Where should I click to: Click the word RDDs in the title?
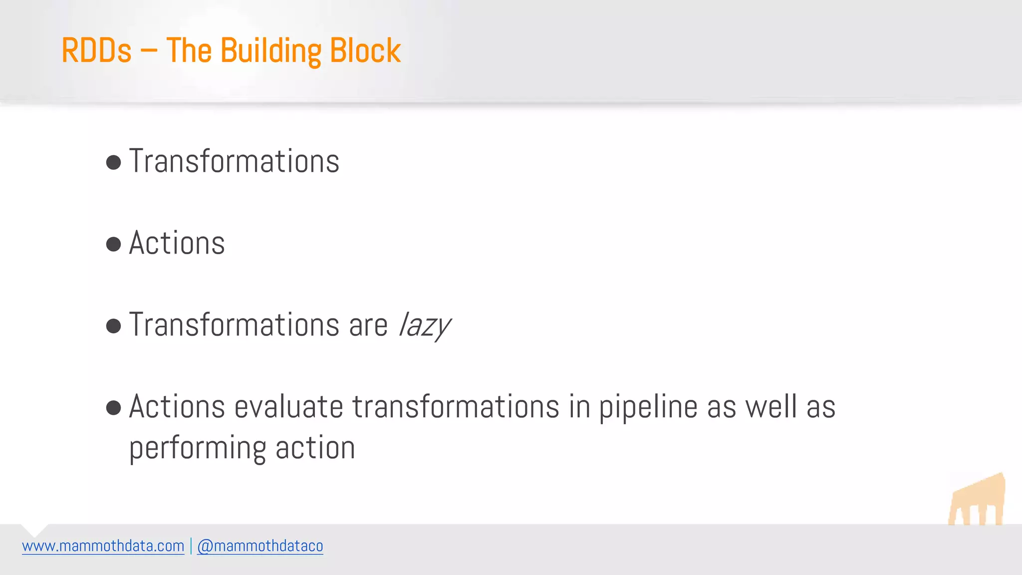[x=96, y=50]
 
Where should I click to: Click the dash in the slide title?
[x=148, y=51]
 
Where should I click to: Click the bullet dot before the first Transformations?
[x=114, y=162]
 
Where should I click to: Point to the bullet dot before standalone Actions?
[x=114, y=244]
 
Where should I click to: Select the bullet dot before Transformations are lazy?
[x=114, y=326]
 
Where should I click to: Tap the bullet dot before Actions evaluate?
[x=114, y=408]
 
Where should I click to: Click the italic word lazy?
[x=425, y=326]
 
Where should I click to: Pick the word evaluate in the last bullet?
[x=288, y=407]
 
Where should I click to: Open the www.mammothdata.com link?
[x=103, y=546]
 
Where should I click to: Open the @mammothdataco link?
[x=260, y=546]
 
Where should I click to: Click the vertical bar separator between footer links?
[x=191, y=546]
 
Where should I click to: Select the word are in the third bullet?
[x=368, y=326]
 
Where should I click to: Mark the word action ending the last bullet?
[x=315, y=448]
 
